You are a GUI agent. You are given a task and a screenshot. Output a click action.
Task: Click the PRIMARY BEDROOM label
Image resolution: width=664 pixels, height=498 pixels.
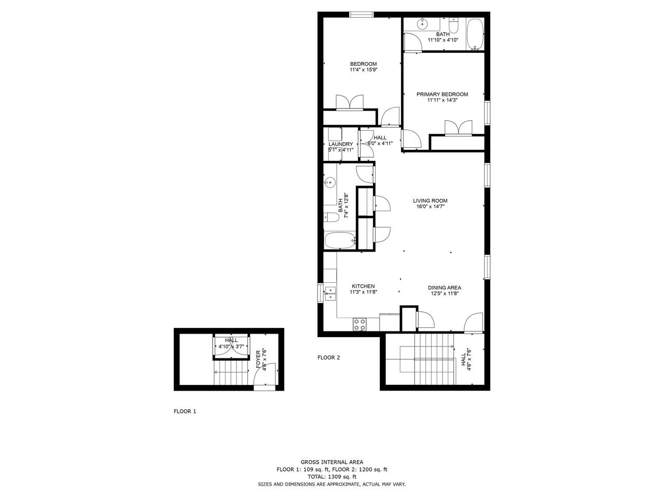442,94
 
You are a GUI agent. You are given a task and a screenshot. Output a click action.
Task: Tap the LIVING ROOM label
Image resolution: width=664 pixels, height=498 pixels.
430,201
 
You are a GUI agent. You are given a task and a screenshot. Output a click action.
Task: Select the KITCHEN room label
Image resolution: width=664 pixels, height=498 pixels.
363,286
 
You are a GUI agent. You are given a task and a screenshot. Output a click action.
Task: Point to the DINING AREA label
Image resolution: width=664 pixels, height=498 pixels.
445,287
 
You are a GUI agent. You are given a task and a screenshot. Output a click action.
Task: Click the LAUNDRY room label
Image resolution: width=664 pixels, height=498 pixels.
341,144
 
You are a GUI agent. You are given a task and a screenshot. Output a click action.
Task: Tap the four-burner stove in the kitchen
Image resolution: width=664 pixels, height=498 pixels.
359,324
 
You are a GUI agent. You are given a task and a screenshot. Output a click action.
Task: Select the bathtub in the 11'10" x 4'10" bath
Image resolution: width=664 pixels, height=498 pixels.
475,34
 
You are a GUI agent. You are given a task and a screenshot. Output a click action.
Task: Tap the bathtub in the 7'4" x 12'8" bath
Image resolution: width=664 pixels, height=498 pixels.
340,240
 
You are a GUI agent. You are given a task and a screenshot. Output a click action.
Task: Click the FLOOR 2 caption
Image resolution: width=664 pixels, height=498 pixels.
328,358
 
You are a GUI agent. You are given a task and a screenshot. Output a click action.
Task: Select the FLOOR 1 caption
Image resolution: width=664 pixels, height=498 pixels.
185,411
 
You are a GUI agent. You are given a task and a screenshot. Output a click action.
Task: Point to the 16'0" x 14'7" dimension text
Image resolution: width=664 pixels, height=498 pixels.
430,207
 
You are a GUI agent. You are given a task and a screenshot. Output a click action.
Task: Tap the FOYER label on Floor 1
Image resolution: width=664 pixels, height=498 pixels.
258,359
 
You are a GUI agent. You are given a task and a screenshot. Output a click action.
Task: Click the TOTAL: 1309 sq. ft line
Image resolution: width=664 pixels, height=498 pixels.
332,477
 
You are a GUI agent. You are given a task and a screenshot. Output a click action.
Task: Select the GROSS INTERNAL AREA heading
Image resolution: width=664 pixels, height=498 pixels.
332,462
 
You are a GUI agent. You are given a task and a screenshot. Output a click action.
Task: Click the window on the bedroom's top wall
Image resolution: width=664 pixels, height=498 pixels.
362,15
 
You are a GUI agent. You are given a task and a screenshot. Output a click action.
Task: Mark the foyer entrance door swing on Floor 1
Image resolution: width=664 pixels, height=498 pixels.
265,375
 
